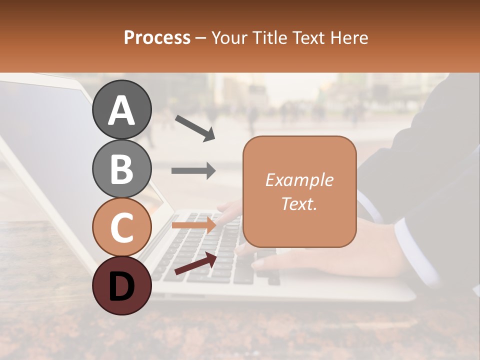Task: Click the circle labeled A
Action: point(121,109)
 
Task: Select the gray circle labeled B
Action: point(121,168)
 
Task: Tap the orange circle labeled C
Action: point(121,227)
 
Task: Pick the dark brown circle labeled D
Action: point(121,285)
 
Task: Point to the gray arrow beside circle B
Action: point(193,170)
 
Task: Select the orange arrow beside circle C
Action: point(194,225)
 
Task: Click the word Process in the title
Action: point(157,37)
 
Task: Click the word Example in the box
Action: point(299,180)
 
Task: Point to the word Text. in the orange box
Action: point(299,203)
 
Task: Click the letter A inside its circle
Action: point(121,110)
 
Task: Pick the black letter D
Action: point(121,286)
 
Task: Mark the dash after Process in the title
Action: point(201,38)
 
